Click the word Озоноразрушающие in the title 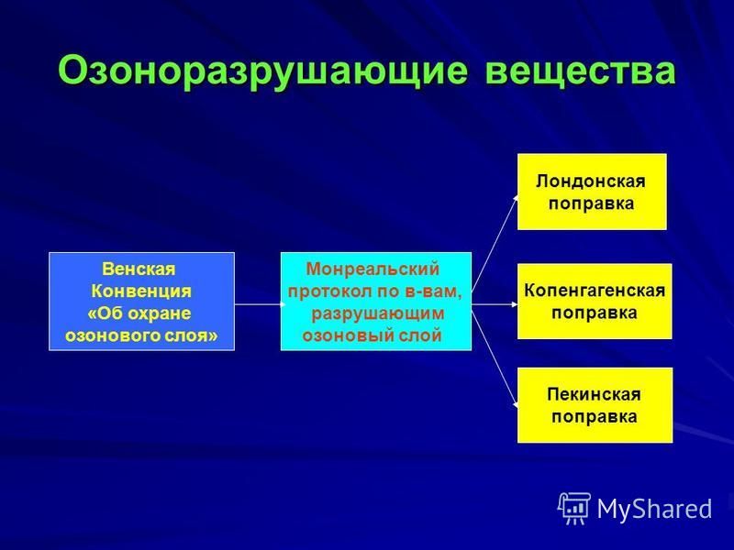pos(262,72)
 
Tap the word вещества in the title pos(581,71)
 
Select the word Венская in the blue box pos(139,269)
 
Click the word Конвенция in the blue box pos(141,291)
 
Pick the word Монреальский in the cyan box pos(373,269)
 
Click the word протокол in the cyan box pos(327,291)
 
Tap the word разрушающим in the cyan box pos(377,313)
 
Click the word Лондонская pos(591,181)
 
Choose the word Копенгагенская pos(595,291)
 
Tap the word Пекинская pos(594,394)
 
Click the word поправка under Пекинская pos(594,417)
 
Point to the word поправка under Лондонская pos(591,203)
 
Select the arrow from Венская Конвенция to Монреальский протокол pos(260,304)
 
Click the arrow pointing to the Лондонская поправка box pos(495,242)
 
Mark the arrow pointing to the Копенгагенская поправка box pos(495,304)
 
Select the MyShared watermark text pos(654,509)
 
